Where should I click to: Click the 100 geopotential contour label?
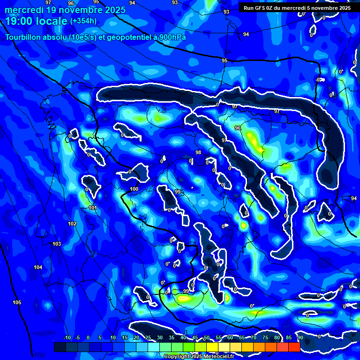(x=134, y=189)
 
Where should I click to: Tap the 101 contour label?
(x=93, y=208)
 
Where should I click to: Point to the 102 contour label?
(x=72, y=224)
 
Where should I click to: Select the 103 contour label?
(x=57, y=244)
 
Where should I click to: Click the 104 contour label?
(x=38, y=267)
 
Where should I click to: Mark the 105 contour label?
(x=17, y=302)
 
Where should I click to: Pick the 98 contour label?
(x=198, y=152)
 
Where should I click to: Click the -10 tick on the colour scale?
(x=67, y=337)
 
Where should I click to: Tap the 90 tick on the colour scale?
(x=300, y=337)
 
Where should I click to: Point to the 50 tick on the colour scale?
(x=207, y=337)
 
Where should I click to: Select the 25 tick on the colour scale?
(x=148, y=337)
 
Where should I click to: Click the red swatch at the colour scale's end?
(x=294, y=347)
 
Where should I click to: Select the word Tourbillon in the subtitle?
(x=23, y=37)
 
